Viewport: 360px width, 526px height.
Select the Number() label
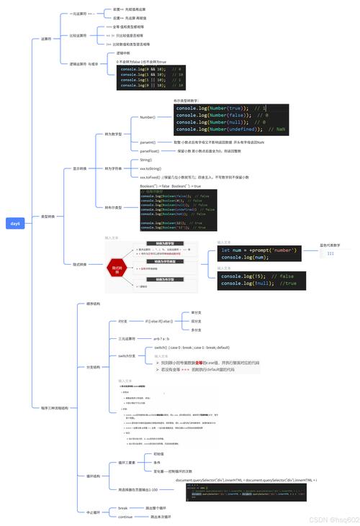click(147, 117)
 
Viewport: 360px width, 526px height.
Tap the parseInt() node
click(148, 142)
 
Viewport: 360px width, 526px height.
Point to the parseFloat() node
click(149, 152)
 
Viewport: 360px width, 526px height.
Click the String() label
click(146, 160)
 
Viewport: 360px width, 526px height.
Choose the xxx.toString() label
click(151, 168)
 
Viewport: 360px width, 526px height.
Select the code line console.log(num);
click(245, 257)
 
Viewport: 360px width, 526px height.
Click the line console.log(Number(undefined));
click(223, 129)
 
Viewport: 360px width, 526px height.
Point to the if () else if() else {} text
click(158, 321)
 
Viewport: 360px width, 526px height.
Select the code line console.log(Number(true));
click(215, 108)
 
